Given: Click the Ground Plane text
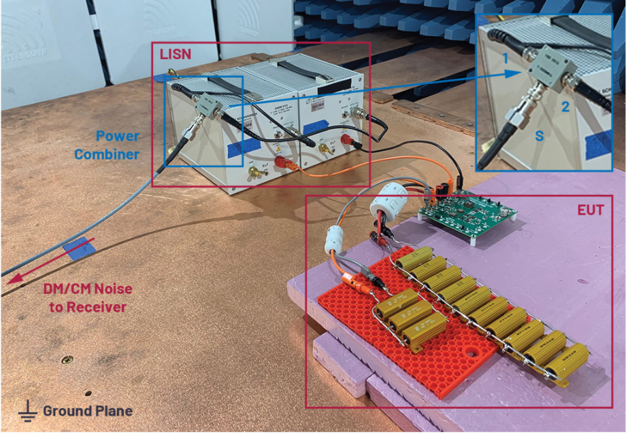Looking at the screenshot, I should coord(88,411).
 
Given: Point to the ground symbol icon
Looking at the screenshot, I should coord(28,410).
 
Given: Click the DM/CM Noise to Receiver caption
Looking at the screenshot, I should coord(86,298).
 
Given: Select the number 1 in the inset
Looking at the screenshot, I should coord(505,59).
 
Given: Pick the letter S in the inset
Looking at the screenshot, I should coord(540,136).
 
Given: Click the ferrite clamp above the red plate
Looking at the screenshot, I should coord(339,238).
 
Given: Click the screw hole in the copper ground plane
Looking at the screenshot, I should coord(66,359).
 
